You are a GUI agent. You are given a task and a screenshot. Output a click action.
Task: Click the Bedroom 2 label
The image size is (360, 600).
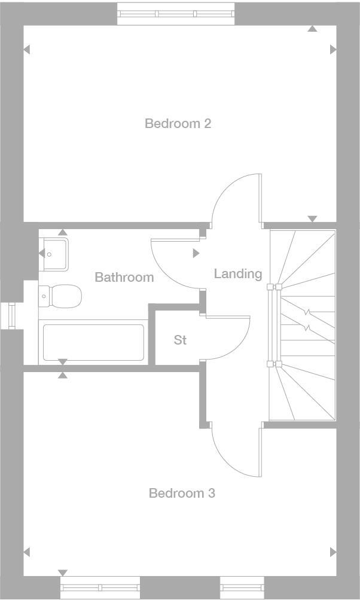click(x=178, y=124)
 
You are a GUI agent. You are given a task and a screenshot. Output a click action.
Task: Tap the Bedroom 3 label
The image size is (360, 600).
click(x=182, y=494)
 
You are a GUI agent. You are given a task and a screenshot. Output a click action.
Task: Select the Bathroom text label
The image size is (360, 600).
click(x=124, y=278)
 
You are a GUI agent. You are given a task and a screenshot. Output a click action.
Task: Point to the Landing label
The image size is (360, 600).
click(x=238, y=274)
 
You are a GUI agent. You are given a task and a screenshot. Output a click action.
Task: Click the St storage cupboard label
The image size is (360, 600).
click(x=180, y=340)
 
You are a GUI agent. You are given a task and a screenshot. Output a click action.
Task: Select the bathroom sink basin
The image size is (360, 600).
click(x=55, y=253)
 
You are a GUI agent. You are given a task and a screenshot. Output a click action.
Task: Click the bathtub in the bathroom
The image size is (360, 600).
click(x=92, y=342)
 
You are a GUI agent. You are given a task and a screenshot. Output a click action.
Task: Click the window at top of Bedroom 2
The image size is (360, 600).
click(x=176, y=14)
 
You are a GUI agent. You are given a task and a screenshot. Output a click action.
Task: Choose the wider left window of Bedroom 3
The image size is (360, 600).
click(x=100, y=587)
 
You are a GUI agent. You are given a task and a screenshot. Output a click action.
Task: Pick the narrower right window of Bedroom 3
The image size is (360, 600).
click(x=242, y=587)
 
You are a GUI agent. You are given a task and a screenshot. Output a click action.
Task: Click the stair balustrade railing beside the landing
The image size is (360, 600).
click(x=274, y=324)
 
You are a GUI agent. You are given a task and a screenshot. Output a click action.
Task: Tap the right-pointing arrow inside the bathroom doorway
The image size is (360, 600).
click(x=196, y=254)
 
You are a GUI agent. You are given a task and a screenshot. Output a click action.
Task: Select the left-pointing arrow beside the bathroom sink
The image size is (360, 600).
click(x=42, y=254)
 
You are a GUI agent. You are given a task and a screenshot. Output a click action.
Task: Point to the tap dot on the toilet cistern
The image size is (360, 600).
click(x=44, y=296)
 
